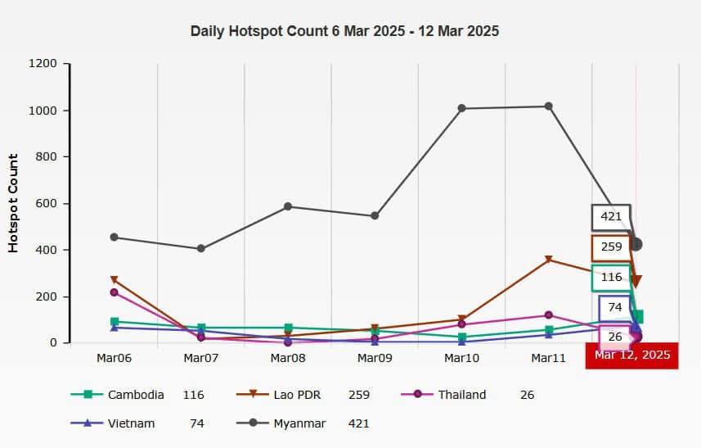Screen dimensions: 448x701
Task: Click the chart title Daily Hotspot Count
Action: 344,31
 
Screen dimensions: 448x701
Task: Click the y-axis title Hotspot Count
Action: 13,202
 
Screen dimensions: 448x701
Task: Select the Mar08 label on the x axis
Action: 287,358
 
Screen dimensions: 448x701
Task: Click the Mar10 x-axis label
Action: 461,358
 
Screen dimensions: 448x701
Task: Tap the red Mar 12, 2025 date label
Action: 632,355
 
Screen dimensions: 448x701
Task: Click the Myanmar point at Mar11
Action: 548,106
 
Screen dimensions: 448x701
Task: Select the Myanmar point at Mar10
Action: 461,108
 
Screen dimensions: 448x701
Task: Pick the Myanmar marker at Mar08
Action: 288,206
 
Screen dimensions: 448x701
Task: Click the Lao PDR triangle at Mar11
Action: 548,260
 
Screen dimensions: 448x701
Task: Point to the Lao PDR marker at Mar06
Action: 115,280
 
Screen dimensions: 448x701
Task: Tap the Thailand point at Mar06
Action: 115,292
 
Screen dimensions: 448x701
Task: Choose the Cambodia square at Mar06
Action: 115,322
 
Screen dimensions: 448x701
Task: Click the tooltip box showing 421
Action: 611,217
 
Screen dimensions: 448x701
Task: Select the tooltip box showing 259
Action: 611,247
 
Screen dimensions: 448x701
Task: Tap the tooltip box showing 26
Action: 615,337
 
